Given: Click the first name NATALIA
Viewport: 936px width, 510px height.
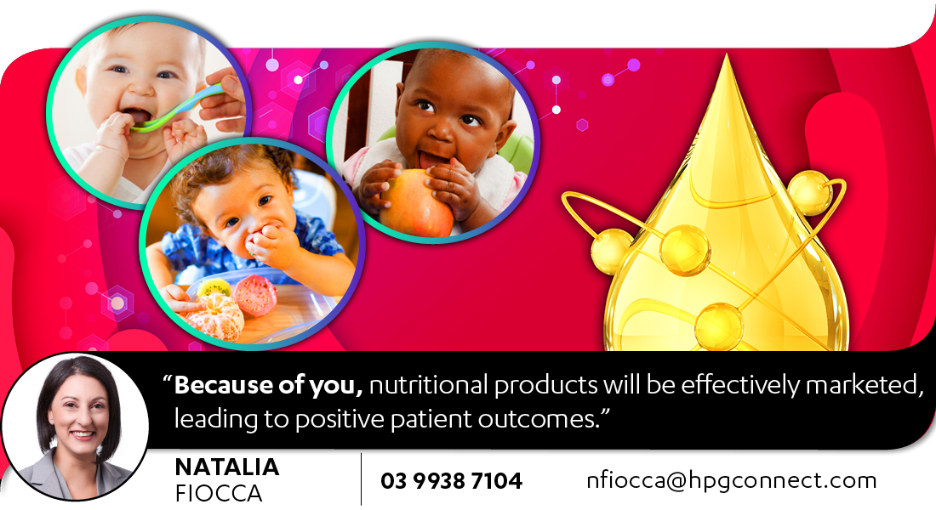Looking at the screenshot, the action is (227, 467).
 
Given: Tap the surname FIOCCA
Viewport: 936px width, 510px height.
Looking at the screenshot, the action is (219, 494).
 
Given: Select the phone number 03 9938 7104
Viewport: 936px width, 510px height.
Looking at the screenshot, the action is (451, 481).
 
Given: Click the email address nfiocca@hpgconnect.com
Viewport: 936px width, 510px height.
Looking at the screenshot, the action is (731, 481).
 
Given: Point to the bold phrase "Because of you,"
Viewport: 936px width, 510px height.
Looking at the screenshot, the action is (269, 385).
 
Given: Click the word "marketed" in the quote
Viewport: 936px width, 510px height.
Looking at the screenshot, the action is (865, 385).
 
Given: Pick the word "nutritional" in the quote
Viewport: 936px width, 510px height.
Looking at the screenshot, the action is (429, 385).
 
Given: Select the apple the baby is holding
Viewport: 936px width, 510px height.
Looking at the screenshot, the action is (416, 203).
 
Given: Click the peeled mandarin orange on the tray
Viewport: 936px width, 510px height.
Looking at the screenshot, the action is (215, 315).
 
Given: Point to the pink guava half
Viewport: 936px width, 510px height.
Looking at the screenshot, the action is (255, 295).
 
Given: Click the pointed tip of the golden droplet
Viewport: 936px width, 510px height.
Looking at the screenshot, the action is (726, 54).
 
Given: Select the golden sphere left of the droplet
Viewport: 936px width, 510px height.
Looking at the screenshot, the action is (611, 252).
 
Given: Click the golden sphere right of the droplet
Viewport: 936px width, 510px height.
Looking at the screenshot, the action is (809, 193).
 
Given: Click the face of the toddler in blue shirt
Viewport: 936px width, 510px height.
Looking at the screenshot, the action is (245, 217).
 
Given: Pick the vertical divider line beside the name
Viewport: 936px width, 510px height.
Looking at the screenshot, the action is (361, 479).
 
